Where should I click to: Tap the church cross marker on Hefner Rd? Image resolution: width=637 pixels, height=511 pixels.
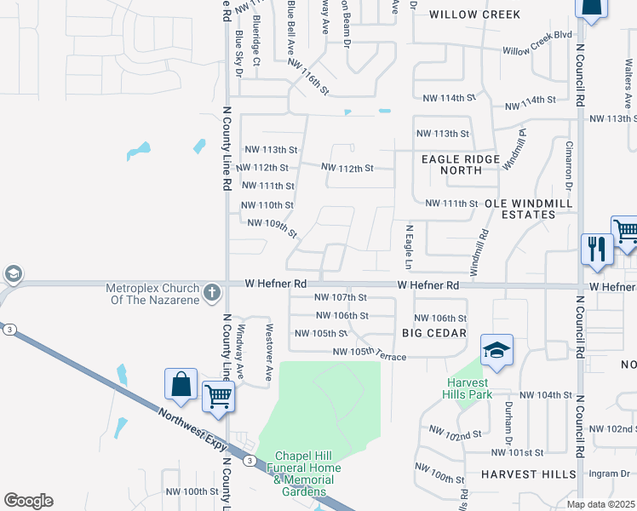pyautogui.click(x=212, y=295)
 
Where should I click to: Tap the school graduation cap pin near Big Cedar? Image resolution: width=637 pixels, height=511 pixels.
pyautogui.click(x=496, y=350)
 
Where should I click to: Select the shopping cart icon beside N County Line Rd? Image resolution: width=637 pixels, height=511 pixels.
pyautogui.click(x=219, y=395)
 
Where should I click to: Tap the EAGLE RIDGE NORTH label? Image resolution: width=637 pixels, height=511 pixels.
pyautogui.click(x=460, y=164)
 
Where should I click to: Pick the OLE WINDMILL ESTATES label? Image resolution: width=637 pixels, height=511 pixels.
pyautogui.click(x=519, y=210)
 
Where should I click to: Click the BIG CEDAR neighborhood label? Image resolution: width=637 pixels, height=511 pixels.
pyautogui.click(x=433, y=333)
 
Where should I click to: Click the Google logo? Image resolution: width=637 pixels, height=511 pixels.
pyautogui.click(x=28, y=501)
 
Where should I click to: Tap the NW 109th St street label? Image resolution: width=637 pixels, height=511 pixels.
pyautogui.click(x=272, y=227)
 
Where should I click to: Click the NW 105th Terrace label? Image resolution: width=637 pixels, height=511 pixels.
pyautogui.click(x=369, y=353)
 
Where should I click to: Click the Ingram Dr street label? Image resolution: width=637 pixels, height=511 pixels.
pyautogui.click(x=613, y=474)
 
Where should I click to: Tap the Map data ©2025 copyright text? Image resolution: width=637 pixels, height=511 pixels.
pyautogui.click(x=600, y=504)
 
